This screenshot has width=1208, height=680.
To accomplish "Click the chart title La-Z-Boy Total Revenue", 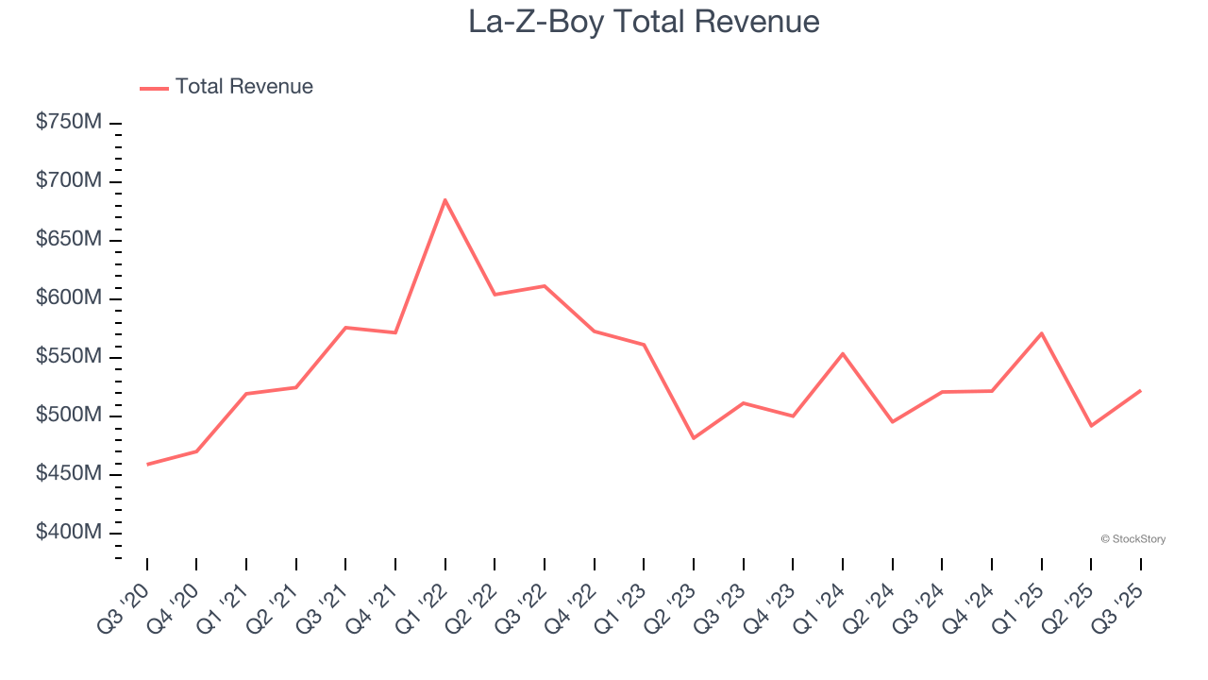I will tap(644, 22).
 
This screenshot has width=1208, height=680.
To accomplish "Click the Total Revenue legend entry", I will tap(226, 87).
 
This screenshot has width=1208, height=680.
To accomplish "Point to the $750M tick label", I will tap(69, 123).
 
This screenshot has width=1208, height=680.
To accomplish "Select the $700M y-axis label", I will tap(69, 181).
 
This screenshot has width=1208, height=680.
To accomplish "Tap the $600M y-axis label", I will tap(69, 298).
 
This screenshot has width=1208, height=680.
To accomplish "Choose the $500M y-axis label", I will tap(69, 416).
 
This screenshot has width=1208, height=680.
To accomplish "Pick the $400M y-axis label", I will tap(69, 533).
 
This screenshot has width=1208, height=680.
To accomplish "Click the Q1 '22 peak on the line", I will tap(445, 199).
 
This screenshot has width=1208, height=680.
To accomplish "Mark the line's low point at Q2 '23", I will tap(694, 438).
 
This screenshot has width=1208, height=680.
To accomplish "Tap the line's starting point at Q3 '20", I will tap(147, 465).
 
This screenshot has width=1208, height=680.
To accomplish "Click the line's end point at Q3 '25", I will tap(1141, 390).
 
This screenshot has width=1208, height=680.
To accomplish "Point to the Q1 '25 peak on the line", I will tap(1041, 332).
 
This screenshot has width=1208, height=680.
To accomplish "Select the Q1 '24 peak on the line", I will tap(843, 353).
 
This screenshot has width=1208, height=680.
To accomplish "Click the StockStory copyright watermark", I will tap(1132, 539).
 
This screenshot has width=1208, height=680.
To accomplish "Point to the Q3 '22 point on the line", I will tap(545, 285).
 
